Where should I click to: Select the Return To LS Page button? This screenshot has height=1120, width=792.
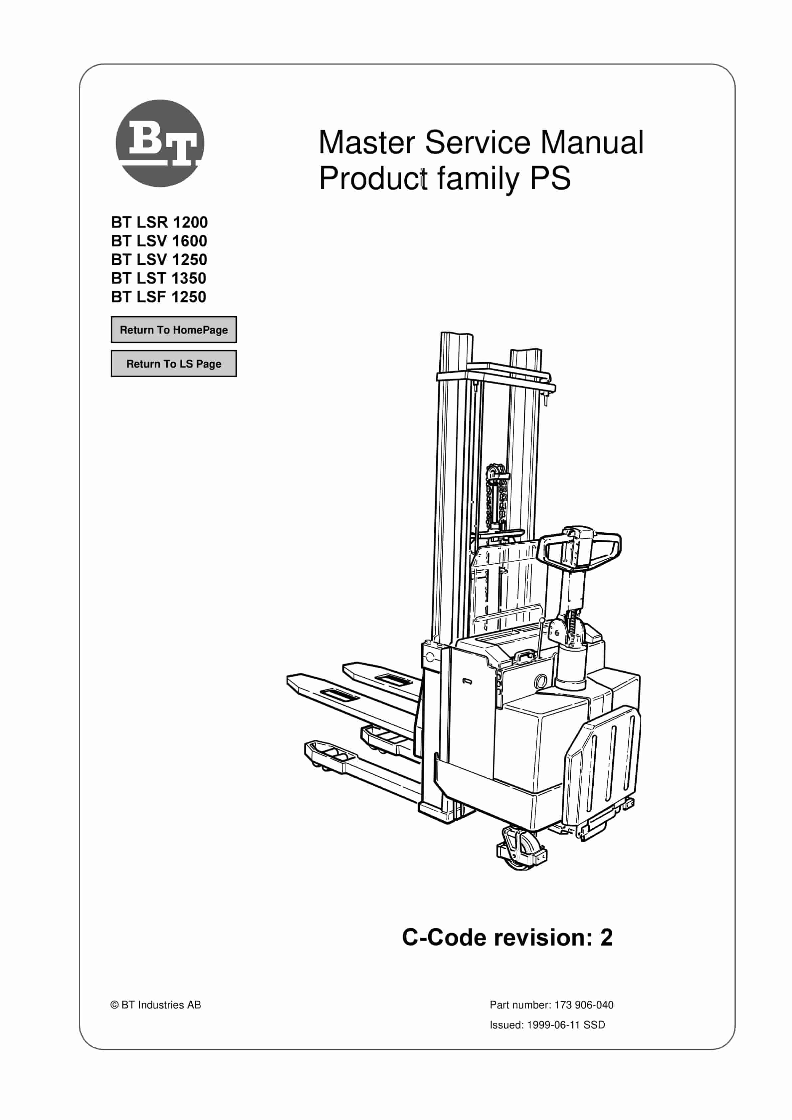pos(174,364)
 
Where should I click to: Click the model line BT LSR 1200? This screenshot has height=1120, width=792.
pos(159,222)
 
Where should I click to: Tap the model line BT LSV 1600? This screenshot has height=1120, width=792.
pos(159,241)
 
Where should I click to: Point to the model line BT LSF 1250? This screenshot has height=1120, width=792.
pos(158,297)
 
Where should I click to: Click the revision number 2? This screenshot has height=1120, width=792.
pos(606,938)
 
